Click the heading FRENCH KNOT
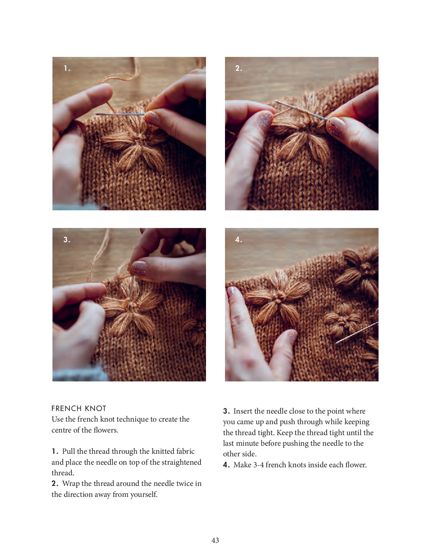[x=79, y=408]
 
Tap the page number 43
[x=215, y=540]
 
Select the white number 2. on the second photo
[x=239, y=68]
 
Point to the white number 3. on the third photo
[x=67, y=240]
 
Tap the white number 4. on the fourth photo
[x=239, y=240]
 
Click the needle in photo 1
[x=120, y=114]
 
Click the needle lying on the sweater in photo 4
[x=356, y=333]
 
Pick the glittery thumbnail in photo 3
[x=139, y=268]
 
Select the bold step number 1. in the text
[x=55, y=452]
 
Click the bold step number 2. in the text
[x=55, y=484]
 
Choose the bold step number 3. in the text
[x=227, y=411]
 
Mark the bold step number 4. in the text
[x=227, y=465]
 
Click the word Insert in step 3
[x=243, y=411]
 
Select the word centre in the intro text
[x=61, y=430]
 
